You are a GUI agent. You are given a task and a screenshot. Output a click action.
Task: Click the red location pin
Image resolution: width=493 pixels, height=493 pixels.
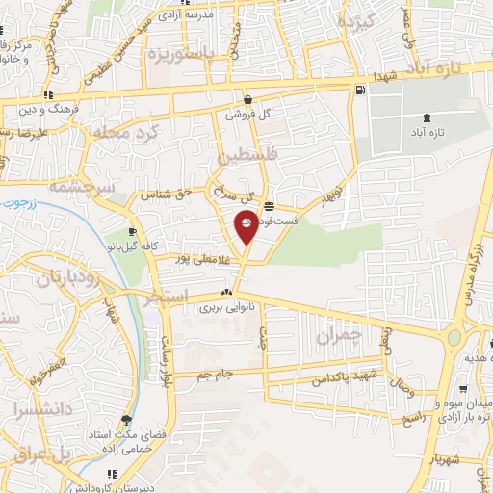246,224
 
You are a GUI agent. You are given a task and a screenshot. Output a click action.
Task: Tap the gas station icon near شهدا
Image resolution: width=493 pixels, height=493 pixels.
359,91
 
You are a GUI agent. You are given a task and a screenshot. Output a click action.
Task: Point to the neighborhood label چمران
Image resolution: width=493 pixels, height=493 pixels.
338,336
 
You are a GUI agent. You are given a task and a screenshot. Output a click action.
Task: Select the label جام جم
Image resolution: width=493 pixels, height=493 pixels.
216,374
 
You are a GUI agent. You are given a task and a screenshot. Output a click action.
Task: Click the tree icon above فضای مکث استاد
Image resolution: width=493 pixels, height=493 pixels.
126,420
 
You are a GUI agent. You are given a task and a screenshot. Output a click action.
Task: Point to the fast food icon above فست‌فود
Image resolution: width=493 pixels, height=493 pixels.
268,206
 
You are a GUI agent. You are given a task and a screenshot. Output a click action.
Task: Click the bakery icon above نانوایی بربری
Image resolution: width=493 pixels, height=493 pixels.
226,293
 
